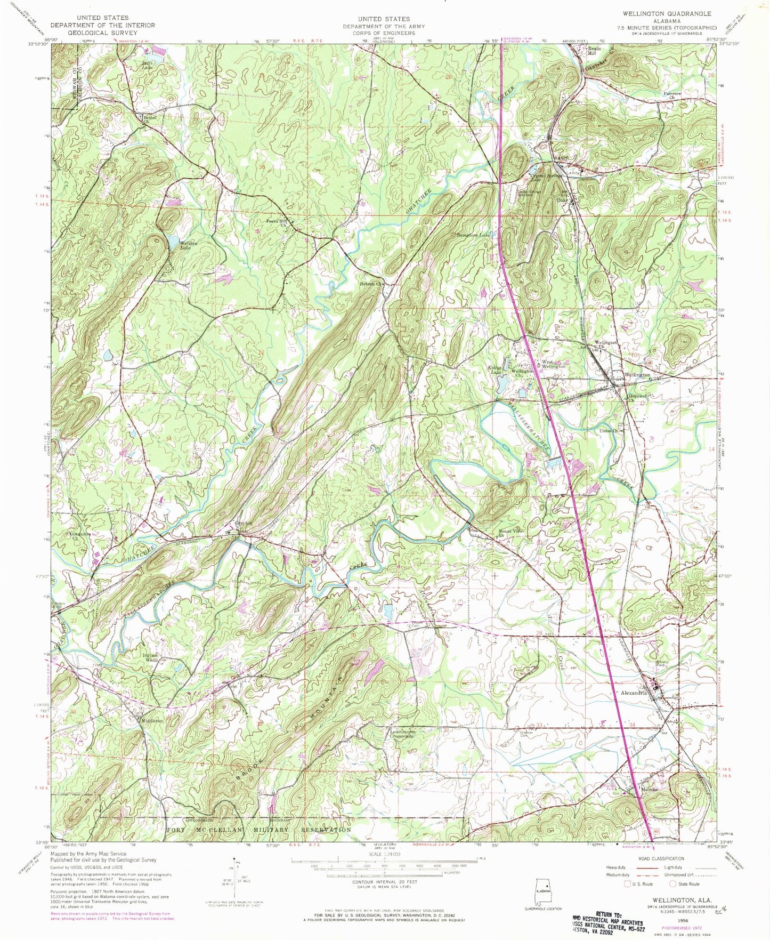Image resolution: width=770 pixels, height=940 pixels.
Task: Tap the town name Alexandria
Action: (x=633, y=693)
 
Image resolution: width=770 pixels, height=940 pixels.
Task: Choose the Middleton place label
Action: (x=151, y=720)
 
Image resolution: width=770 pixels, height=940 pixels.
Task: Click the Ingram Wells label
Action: (x=151, y=657)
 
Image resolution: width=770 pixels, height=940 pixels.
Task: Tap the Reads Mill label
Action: (x=594, y=51)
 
